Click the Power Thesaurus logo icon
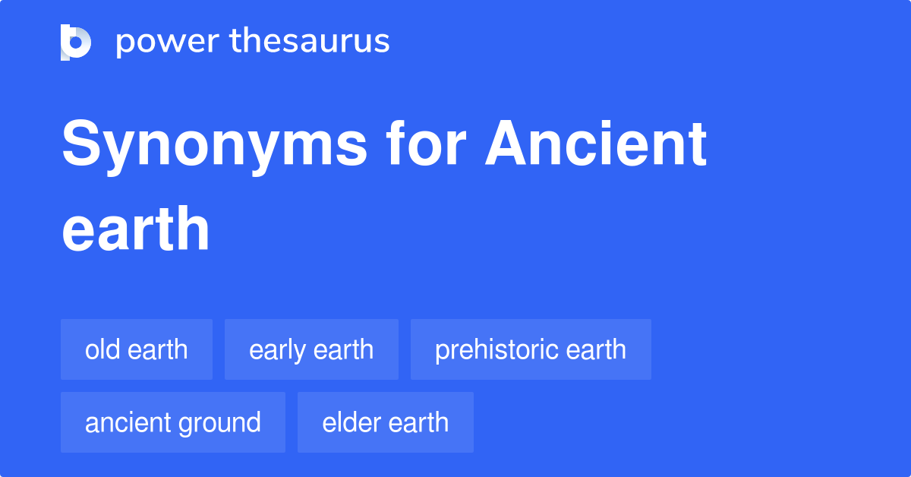[x=76, y=42]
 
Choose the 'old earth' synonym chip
[x=137, y=350]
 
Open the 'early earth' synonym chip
[x=311, y=350]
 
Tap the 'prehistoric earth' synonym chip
[x=531, y=350]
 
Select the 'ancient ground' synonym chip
[x=173, y=422]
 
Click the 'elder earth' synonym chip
[x=386, y=422]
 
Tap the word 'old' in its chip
[x=99, y=350]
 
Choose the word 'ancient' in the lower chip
[x=128, y=422]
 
